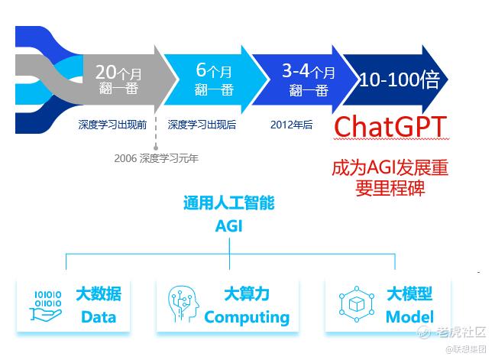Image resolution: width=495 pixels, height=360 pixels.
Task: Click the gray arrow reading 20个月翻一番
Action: (x=126, y=79)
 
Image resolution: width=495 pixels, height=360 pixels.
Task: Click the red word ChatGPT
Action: (x=390, y=126)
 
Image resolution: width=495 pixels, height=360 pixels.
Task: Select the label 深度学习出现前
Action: (x=112, y=125)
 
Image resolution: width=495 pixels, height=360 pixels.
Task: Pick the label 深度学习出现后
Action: (x=202, y=125)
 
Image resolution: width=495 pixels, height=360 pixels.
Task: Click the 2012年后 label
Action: (x=291, y=125)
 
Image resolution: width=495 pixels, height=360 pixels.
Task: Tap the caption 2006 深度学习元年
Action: (x=157, y=158)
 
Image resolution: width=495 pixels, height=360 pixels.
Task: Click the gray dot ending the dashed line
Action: (x=156, y=148)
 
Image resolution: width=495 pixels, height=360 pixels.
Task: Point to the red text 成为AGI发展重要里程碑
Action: (x=390, y=178)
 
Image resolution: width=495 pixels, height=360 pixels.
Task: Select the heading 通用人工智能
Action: (x=229, y=203)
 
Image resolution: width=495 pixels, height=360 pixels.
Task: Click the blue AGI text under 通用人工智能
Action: (x=229, y=226)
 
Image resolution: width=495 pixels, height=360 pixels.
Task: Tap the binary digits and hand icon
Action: (x=47, y=306)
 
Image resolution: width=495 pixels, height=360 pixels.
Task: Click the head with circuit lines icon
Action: (x=184, y=304)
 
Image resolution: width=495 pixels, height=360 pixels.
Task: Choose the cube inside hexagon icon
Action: (x=357, y=304)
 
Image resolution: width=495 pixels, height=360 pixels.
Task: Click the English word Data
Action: (x=99, y=317)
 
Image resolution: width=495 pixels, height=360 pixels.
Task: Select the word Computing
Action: (x=247, y=318)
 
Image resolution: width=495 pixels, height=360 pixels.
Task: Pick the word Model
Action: (x=409, y=317)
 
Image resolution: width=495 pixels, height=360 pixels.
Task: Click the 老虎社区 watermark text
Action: (x=461, y=332)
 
